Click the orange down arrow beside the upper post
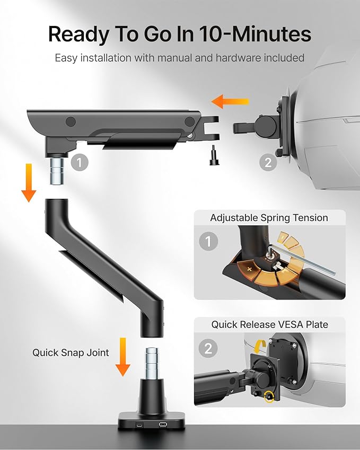(29, 182)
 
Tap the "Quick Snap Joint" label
(71, 352)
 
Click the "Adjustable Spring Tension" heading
(269, 218)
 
